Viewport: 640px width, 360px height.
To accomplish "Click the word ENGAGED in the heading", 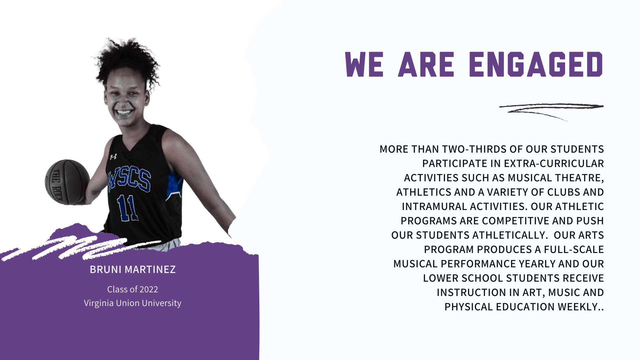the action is tap(536, 64).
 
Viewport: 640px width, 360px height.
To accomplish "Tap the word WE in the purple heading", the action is tap(364, 64).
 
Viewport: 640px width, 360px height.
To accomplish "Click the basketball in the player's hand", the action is tap(67, 182).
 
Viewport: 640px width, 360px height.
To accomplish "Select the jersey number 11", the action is tap(128, 208).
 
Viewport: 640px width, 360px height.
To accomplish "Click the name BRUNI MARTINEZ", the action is tap(133, 269).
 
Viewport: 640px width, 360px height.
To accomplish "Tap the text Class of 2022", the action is tap(133, 289).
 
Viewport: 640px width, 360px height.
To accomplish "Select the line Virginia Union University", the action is tap(133, 303).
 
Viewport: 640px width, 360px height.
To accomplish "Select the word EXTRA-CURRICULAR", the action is tap(554, 163).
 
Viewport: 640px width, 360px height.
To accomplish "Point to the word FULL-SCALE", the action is tap(574, 249).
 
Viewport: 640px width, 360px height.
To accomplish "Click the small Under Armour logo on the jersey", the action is tap(113, 157).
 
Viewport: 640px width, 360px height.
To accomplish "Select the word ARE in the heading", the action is tap(426, 64).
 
